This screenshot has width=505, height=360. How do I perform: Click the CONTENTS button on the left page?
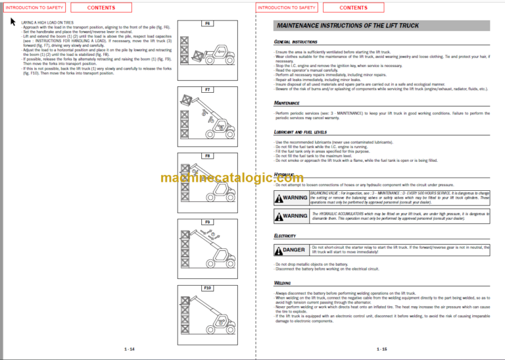(x=101, y=8)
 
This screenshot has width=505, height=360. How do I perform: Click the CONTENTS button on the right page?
(x=354, y=8)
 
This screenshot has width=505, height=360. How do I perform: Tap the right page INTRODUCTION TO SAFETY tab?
(x=287, y=8)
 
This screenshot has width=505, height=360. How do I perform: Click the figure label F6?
(x=207, y=23)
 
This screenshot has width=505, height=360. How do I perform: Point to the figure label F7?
(x=207, y=89)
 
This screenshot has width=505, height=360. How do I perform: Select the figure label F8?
(x=207, y=156)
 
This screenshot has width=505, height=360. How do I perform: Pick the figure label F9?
(x=207, y=222)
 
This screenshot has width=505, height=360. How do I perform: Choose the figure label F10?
(x=207, y=288)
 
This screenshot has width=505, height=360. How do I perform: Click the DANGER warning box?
(x=291, y=250)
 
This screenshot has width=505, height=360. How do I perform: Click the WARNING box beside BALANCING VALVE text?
(x=291, y=197)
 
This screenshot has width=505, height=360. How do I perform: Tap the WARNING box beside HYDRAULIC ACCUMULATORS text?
(x=291, y=215)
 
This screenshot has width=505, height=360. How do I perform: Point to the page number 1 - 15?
(x=381, y=349)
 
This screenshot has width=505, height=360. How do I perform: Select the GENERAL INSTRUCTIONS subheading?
(x=296, y=41)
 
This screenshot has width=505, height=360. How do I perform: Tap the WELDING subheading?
(x=283, y=283)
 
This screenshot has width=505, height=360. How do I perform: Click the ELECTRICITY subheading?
(x=285, y=235)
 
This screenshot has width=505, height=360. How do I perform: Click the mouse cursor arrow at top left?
(x=13, y=21)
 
